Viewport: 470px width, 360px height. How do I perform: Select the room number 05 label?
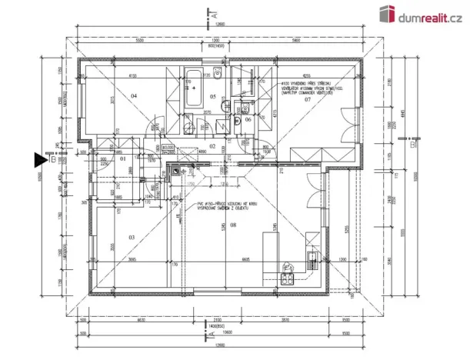(213, 96)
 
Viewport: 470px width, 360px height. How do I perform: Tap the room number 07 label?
(306, 100)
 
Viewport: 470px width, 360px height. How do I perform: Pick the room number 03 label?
(131, 238)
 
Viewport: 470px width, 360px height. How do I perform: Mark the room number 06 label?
(248, 119)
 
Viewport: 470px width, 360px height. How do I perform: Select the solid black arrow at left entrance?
(39, 160)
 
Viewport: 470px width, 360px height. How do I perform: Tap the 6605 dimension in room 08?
(245, 258)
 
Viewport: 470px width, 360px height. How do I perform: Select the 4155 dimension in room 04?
(132, 76)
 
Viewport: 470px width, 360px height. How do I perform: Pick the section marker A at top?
(213, 13)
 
